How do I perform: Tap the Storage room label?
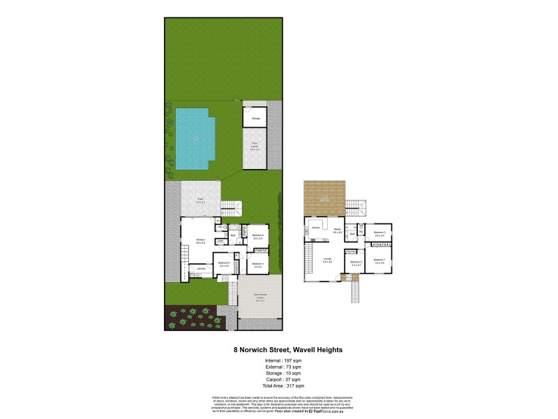click(x=256, y=119)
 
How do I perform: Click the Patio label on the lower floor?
click(x=200, y=200)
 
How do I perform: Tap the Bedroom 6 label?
click(x=257, y=235)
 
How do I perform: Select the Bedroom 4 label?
click(x=257, y=264)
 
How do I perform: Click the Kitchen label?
click(x=315, y=228)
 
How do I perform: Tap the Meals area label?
click(x=337, y=229)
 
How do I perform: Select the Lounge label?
click(x=326, y=259)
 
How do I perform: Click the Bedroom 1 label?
click(x=379, y=260)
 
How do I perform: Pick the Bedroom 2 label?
click(x=356, y=263)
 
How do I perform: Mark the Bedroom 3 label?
click(x=379, y=233)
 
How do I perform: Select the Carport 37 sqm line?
click(x=279, y=379)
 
